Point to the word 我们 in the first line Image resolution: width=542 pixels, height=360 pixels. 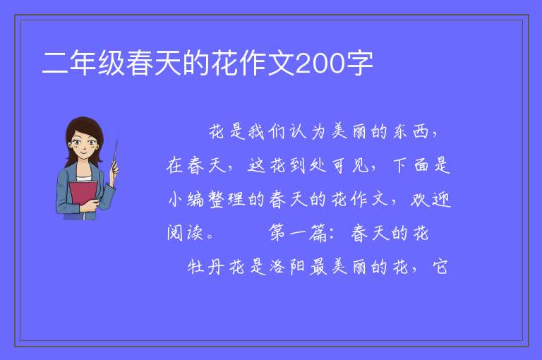[x=267, y=131]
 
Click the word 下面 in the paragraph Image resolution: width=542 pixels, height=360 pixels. [x=411, y=165]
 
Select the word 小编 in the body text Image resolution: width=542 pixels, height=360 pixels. [x=186, y=199]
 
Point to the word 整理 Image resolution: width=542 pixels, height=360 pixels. [x=227, y=199]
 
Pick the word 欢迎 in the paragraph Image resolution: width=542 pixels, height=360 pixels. [x=431, y=199]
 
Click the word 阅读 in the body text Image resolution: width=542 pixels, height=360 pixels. [x=185, y=233]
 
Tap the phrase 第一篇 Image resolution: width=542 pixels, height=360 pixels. [x=298, y=233]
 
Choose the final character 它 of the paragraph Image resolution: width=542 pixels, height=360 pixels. [x=440, y=267]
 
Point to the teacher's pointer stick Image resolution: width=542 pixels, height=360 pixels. [x=115, y=155]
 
